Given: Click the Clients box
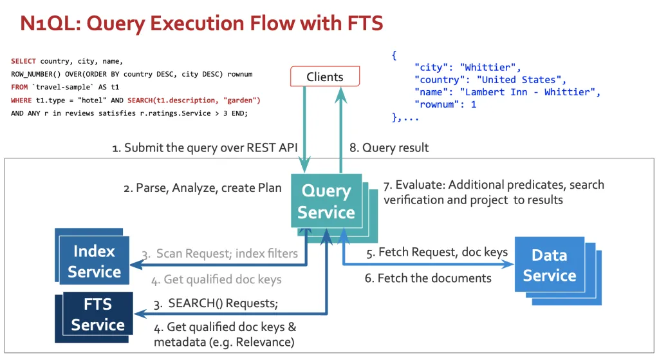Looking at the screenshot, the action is (325, 77).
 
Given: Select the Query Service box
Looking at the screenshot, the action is (326, 201).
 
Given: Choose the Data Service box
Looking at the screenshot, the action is (550, 265).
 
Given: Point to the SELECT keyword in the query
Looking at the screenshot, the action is (24, 61).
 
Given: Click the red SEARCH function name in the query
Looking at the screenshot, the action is (140, 100).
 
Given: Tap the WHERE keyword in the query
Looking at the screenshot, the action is (21, 100).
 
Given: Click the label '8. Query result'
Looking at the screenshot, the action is (389, 147).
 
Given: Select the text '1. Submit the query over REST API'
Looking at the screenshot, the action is (205, 147).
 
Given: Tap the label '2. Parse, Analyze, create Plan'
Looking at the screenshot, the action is (203, 188).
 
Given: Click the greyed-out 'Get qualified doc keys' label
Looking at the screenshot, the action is (223, 279).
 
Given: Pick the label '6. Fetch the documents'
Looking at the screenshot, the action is (428, 278).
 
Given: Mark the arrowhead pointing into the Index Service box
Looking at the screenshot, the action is (135, 265).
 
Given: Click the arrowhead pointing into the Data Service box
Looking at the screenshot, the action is (508, 265).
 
